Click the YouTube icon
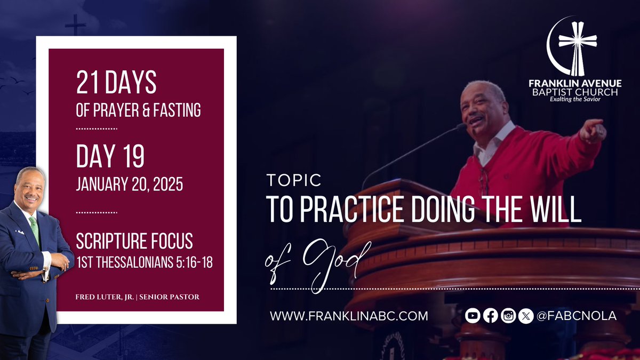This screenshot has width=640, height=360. pyautogui.click(x=472, y=316)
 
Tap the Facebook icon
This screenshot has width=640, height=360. pyautogui.click(x=490, y=316)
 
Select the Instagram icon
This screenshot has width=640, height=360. pyautogui.click(x=508, y=316)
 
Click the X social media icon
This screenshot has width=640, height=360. pyautogui.click(x=526, y=316)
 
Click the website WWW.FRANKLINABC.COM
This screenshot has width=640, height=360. pyautogui.click(x=349, y=316)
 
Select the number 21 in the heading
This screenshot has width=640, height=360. pyautogui.click(x=88, y=84)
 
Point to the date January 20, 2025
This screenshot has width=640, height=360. pyautogui.click(x=130, y=185)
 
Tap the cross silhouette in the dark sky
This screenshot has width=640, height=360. pyautogui.click(x=75, y=25)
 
